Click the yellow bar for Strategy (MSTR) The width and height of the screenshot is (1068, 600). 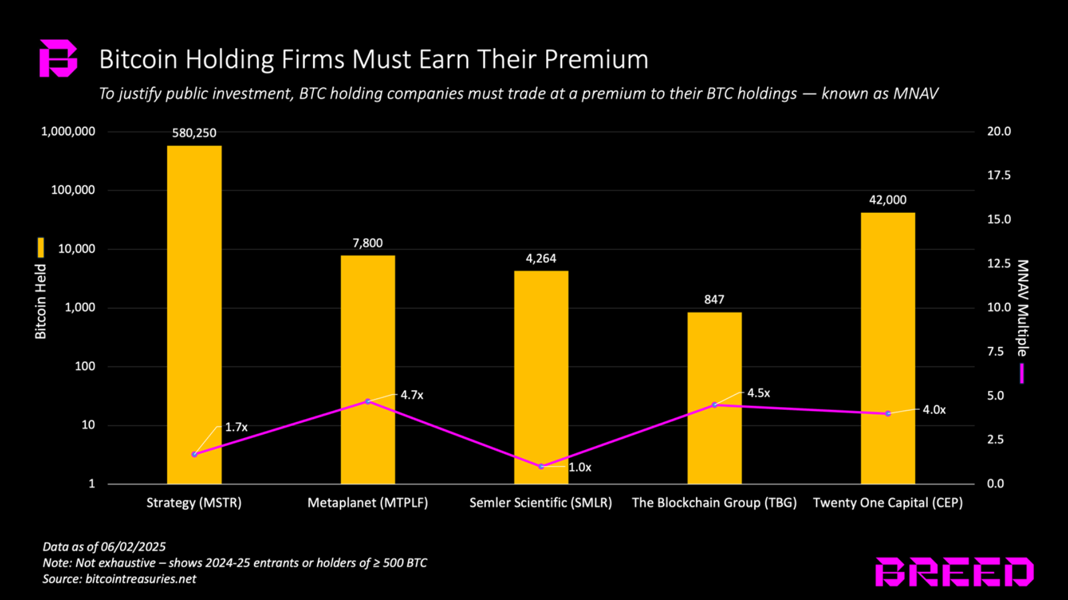coord(194,314)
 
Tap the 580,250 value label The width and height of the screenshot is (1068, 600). coord(194,133)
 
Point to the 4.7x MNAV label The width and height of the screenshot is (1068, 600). coord(412,395)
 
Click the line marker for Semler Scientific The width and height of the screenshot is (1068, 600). coord(541,467)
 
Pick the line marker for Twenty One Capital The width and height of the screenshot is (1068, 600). coord(888,414)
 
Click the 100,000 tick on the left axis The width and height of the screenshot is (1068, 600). coord(73,190)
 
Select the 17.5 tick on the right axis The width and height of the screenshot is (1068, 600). coord(999,176)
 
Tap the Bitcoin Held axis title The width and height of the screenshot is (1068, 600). coord(41,301)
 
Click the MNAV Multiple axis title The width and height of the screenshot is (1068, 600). coord(1022,308)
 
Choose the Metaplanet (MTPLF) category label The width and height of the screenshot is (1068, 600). coord(368,503)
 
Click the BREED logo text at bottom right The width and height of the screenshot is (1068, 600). coord(954,572)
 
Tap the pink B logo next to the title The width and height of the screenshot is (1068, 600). coord(58,58)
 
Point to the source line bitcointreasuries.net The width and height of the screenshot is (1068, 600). coord(141,579)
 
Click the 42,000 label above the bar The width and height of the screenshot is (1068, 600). coord(888,200)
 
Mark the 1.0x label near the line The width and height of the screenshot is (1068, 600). coord(579,467)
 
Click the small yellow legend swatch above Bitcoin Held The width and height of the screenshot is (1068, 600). coord(41,248)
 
